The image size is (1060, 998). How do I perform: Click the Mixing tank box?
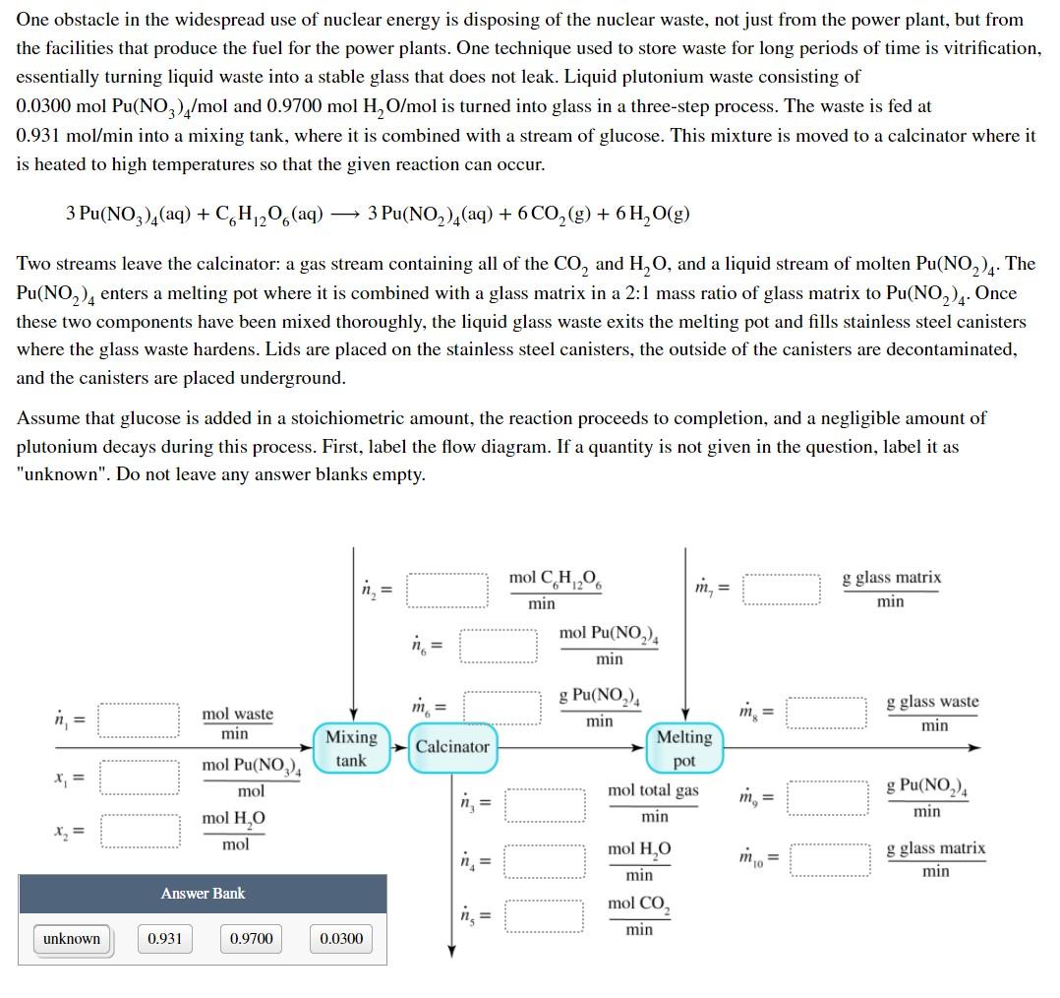pyautogui.click(x=351, y=748)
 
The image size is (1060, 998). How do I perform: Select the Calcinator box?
pyautogui.click(x=451, y=746)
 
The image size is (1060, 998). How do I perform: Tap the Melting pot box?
pyautogui.click(x=683, y=748)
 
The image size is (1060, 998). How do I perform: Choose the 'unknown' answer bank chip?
pyautogui.click(x=72, y=938)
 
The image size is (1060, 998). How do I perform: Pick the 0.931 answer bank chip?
pyautogui.click(x=164, y=938)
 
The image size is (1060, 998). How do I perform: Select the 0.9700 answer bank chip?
pyautogui.click(x=251, y=938)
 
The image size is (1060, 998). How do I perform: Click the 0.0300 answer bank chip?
pyautogui.click(x=341, y=938)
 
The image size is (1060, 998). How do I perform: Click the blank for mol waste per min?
pyautogui.click(x=139, y=720)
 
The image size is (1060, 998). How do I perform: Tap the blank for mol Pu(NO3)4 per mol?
pyautogui.click(x=139, y=777)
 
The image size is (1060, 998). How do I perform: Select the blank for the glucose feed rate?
pyautogui.click(x=448, y=590)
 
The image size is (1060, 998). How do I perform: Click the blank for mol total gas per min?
pyautogui.click(x=546, y=803)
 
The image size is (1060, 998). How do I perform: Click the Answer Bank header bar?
pyautogui.click(x=203, y=894)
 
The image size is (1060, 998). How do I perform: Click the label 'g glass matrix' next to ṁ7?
pyautogui.click(x=891, y=578)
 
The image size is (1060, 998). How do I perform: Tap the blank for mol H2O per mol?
pyautogui.click(x=139, y=832)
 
